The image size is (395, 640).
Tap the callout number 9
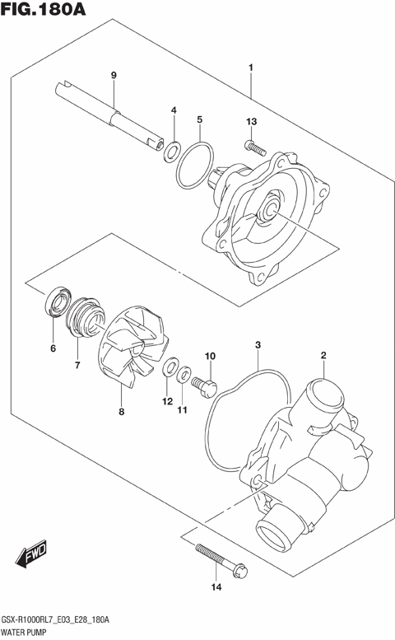coord(114,76)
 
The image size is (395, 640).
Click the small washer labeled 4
coord(173,150)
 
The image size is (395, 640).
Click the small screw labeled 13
coord(253,148)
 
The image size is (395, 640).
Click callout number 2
coord(323,356)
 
